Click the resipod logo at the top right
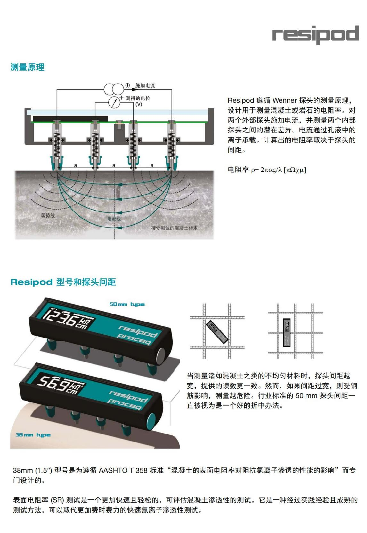[315, 35]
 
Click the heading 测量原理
[27, 67]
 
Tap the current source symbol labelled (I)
[114, 88]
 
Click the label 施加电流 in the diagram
[145, 85]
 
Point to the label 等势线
[48, 215]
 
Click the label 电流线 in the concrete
[114, 219]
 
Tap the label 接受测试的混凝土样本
[174, 228]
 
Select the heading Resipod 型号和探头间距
[63, 282]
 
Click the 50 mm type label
[127, 304]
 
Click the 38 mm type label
[33, 435]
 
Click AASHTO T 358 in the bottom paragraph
[123, 470]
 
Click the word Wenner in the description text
[285, 100]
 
